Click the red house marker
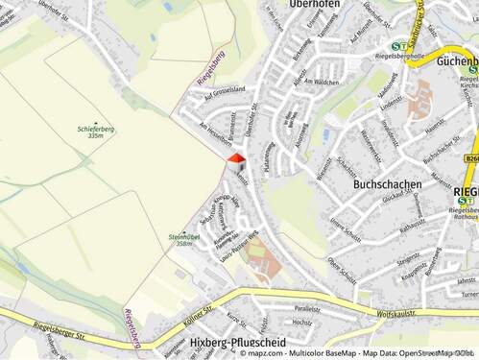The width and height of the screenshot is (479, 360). click(x=236, y=159)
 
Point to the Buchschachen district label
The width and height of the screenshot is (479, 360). click(x=387, y=182)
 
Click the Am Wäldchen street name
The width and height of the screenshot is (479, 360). click(x=322, y=84)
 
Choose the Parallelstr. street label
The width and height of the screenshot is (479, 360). click(x=307, y=309)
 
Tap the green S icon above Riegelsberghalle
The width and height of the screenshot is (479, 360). click(x=397, y=45)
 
